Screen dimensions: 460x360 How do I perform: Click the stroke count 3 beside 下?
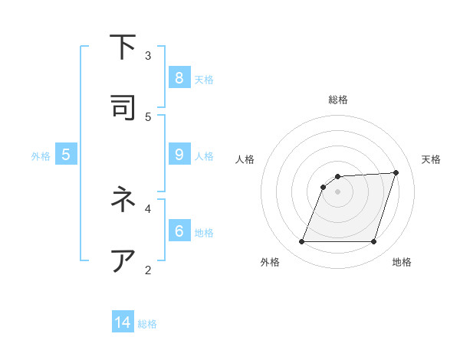[148, 55]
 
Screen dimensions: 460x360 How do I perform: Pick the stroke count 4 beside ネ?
[148, 208]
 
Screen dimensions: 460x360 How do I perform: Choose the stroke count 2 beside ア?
[148, 269]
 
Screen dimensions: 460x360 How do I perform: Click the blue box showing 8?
[179, 77]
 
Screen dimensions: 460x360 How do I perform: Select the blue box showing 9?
[179, 154]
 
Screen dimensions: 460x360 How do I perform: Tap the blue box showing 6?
[179, 230]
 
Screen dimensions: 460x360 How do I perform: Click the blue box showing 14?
[123, 322]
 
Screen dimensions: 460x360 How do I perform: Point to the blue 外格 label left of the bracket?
[41, 155]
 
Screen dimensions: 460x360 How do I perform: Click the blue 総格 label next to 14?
[147, 324]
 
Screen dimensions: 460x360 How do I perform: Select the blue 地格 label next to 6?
[204, 232]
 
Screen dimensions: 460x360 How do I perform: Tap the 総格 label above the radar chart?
[338, 100]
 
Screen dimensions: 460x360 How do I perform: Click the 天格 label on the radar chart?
[431, 159]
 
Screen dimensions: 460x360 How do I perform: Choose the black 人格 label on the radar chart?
[245, 159]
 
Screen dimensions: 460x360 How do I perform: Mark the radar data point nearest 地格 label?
[373, 242]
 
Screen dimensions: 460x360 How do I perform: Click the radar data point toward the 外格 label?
[302, 242]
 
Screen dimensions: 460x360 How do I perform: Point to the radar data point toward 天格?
[396, 172]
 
